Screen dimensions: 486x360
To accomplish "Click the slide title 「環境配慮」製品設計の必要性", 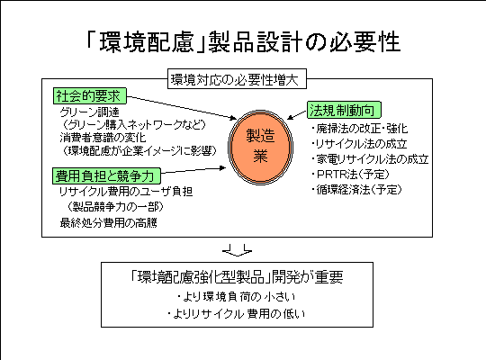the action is [243, 42].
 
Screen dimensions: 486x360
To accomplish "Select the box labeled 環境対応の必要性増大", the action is [237, 79].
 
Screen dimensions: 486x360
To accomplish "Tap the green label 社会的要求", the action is [90, 95].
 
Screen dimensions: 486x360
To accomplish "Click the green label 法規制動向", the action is [344, 110].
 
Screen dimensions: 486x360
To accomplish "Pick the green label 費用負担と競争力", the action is [106, 175].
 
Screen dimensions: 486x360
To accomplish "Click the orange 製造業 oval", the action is [260, 147].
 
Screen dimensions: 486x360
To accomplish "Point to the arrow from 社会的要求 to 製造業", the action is [182, 108].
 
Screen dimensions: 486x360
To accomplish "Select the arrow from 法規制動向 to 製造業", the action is [297, 114].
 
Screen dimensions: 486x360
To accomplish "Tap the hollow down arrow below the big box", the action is [237, 250].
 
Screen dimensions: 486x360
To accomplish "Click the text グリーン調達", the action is [90, 112].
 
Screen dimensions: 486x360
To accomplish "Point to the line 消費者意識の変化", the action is [103, 138].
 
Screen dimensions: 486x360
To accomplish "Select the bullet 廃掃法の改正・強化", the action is [359, 129].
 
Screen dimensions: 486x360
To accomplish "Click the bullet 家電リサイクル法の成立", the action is [370, 159].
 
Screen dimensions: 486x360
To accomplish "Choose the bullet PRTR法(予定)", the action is [350, 175].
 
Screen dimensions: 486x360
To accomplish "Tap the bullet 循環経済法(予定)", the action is [356, 190].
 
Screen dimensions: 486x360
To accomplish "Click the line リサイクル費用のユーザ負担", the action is [126, 192].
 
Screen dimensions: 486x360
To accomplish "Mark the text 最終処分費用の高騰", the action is [109, 222].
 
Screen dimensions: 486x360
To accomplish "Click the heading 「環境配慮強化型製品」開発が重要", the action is [237, 276].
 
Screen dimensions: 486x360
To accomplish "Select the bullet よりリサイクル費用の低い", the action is [236, 314].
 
